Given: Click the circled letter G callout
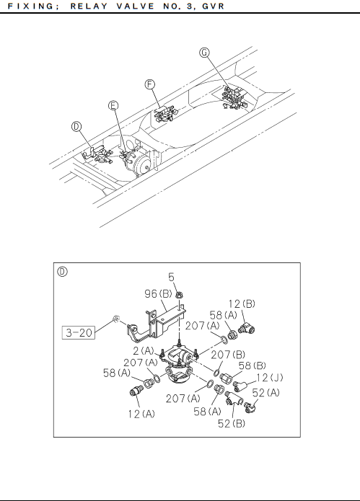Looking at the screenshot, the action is (204, 53).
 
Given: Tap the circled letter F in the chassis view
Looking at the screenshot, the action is (149, 84).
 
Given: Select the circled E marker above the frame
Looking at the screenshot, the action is (113, 105).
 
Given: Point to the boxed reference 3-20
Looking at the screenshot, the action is (79, 332).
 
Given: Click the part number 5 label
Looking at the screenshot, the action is (172, 277).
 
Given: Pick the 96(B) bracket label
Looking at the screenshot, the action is (158, 293).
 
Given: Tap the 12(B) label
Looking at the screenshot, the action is (242, 303).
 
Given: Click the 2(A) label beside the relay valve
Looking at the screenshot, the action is (144, 351).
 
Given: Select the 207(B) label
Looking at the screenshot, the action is (228, 355).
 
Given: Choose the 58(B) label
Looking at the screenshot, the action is (253, 365).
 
